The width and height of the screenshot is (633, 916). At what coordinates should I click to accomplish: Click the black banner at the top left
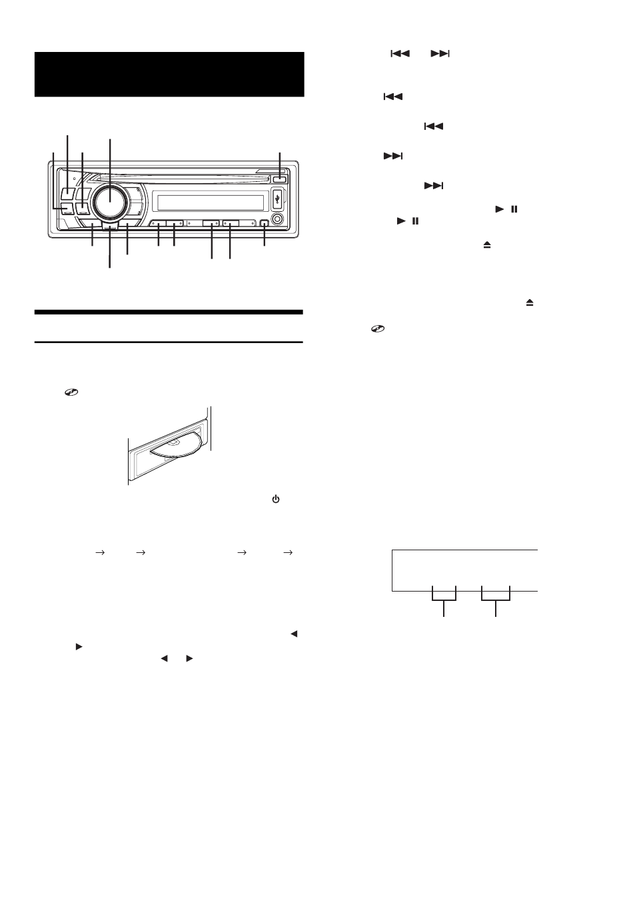[169, 74]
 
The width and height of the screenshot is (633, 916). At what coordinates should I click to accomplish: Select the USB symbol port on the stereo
[278, 198]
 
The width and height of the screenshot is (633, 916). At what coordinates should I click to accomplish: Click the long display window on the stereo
[207, 202]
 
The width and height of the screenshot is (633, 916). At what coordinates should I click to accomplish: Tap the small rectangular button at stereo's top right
[280, 179]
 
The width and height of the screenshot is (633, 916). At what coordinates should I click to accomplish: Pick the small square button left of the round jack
[265, 225]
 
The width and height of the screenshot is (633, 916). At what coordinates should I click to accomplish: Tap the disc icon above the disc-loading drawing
[69, 394]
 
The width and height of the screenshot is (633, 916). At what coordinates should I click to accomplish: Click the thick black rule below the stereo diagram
[169, 312]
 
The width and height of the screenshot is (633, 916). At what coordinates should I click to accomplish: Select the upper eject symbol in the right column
[487, 245]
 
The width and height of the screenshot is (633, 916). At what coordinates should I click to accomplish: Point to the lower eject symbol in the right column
[530, 302]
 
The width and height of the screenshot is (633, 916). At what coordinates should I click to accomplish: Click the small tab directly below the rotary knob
[110, 227]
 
